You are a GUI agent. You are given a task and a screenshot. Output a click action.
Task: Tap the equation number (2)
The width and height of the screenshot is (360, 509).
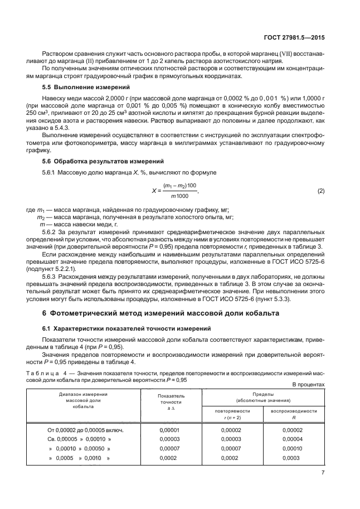tap(320, 191)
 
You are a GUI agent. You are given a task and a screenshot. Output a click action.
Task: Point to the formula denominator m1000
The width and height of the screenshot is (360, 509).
tap(179, 196)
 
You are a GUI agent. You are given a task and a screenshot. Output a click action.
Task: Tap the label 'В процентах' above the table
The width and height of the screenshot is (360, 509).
tap(308, 385)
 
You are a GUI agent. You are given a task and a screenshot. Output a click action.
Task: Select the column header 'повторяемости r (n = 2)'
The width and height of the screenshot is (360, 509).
tap(232, 413)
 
